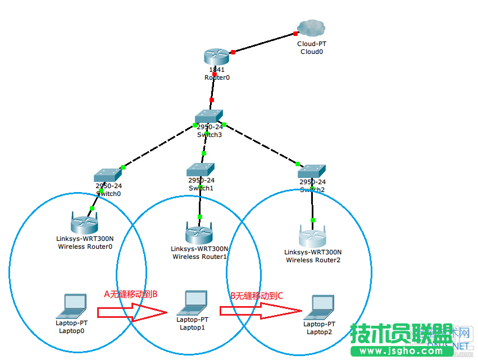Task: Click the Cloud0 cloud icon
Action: (x=311, y=28)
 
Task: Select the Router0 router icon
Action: (x=216, y=56)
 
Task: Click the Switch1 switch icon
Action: (x=201, y=168)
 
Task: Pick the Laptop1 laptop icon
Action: (x=192, y=303)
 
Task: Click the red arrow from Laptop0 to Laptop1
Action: (x=133, y=312)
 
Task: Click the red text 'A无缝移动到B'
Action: (x=131, y=294)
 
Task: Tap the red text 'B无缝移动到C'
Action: (x=257, y=295)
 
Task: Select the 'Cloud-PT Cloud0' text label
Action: (x=311, y=47)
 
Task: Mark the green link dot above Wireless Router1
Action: (x=199, y=216)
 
